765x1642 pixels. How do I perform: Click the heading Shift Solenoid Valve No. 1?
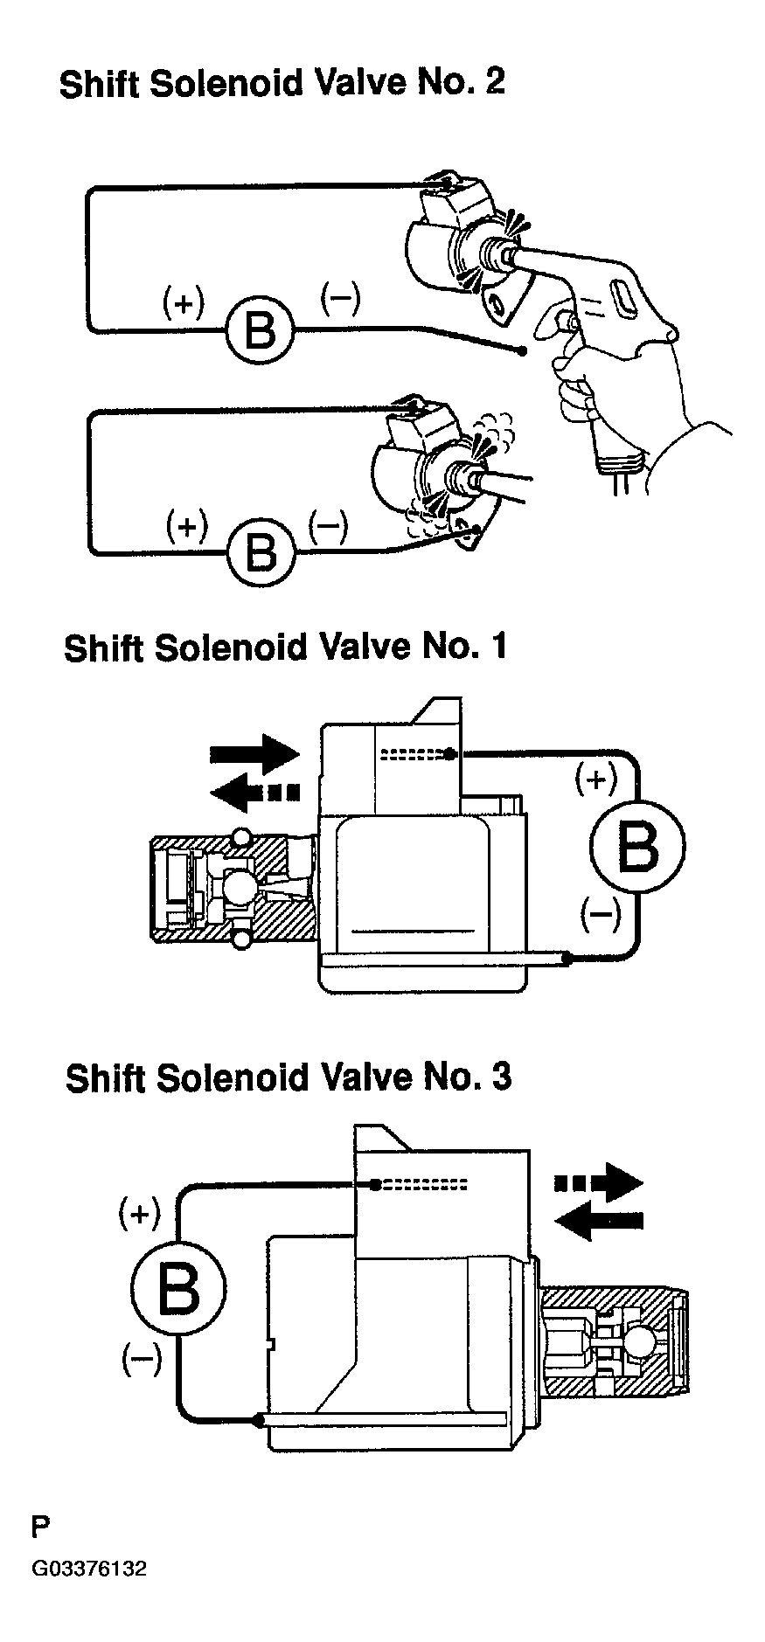285,648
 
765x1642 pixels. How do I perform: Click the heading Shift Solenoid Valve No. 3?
289,1077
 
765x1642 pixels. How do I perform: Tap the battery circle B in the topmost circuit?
259,330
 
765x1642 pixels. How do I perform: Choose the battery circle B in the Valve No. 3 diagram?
178,1289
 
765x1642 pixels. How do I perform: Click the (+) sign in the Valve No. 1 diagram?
596,777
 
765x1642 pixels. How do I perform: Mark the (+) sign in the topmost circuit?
184,302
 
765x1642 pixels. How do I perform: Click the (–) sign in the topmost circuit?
339,296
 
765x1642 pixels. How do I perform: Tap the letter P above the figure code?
40,1528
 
